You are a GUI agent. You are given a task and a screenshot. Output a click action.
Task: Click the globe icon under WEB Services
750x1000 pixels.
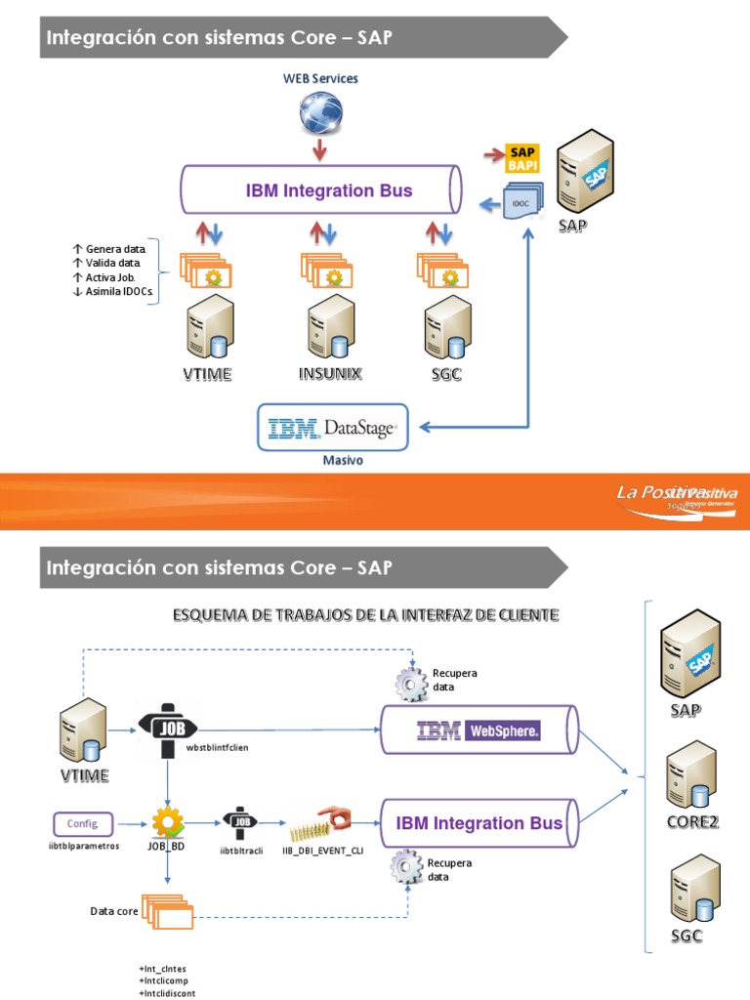click(x=320, y=112)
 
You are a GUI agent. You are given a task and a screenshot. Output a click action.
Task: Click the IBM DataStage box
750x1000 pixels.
click(x=333, y=427)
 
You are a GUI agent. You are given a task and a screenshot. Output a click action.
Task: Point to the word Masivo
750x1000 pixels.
click(x=343, y=460)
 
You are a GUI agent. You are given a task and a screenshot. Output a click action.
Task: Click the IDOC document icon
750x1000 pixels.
click(x=520, y=202)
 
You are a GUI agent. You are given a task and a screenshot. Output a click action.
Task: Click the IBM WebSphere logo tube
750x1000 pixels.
click(x=478, y=730)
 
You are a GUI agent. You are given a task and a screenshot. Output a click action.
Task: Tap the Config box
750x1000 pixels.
click(x=82, y=823)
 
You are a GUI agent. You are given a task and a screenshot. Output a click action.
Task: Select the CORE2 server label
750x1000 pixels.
click(x=692, y=821)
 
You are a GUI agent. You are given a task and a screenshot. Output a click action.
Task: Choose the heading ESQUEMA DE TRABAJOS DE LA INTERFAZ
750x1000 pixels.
click(x=365, y=614)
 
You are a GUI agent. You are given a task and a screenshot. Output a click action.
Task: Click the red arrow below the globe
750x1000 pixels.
click(x=319, y=149)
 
